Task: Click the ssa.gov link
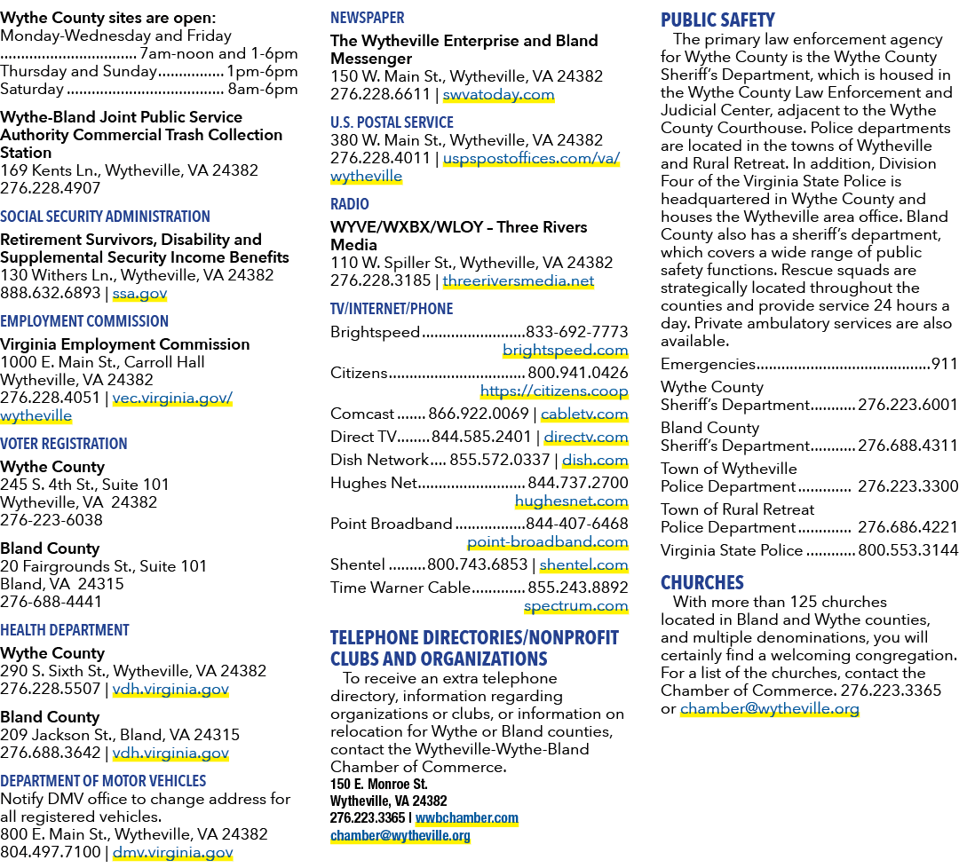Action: (x=139, y=294)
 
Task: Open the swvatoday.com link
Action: (x=498, y=95)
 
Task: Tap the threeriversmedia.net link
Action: (x=518, y=281)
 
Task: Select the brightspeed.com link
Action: (x=565, y=351)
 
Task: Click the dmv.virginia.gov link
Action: (x=172, y=853)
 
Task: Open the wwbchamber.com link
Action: (x=467, y=818)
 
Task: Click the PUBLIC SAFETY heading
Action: (x=717, y=20)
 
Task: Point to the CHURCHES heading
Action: (x=702, y=582)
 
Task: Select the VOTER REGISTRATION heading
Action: (x=64, y=444)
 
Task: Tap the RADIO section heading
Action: (x=350, y=204)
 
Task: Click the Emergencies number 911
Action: (x=944, y=364)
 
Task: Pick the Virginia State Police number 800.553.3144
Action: (x=907, y=551)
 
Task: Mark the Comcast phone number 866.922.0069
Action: (x=479, y=414)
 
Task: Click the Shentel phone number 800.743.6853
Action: (x=477, y=564)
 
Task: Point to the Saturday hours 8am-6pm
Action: (x=262, y=90)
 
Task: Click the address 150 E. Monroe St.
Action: (x=378, y=785)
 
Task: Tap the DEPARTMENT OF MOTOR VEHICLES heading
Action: (x=103, y=781)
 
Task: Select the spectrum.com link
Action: (x=576, y=606)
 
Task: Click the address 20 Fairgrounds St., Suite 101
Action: (x=103, y=566)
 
